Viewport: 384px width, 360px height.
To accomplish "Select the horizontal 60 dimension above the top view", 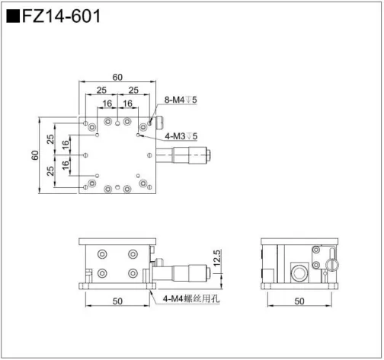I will pos(117,77).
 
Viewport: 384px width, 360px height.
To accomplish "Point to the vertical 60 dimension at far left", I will pos(34,155).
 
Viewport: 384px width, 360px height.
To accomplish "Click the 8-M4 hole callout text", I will pos(181,100).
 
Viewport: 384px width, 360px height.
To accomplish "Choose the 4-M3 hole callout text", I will pos(181,136).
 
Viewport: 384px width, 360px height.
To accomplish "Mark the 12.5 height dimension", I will pos(216,260).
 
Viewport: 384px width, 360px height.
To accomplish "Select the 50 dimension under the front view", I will pos(117,301).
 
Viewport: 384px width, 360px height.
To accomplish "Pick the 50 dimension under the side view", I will pos(299,301).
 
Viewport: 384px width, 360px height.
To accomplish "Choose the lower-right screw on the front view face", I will pos(133,273).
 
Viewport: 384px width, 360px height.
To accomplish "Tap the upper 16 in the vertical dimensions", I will pos(66,143).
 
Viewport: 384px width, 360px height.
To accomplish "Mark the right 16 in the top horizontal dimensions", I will pos(126,104).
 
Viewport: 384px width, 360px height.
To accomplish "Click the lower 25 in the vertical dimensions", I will pos(50,171).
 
